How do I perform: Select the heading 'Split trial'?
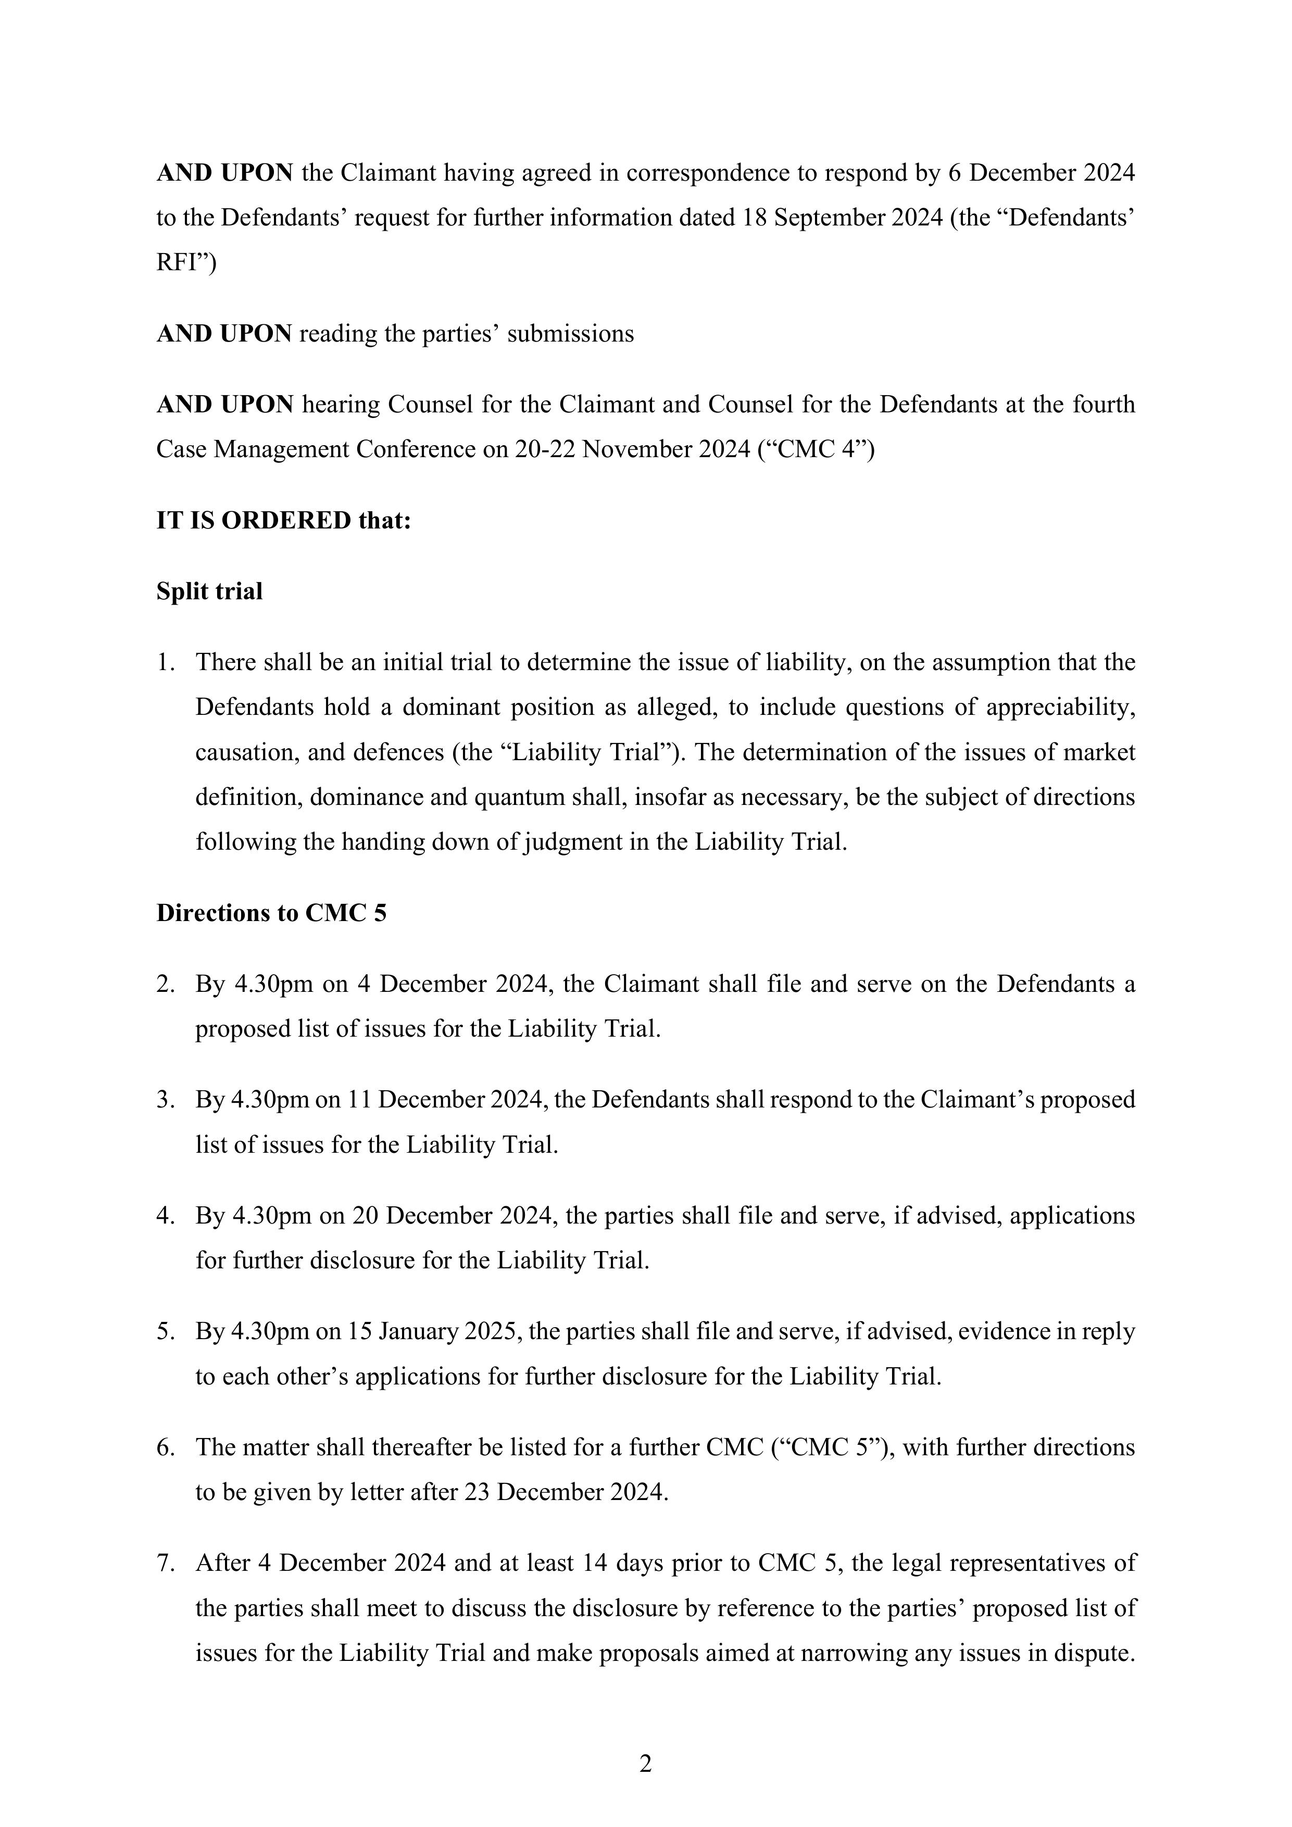tap(209, 591)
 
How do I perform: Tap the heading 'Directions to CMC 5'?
tap(271, 913)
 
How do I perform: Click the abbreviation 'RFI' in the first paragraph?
tap(178, 262)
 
